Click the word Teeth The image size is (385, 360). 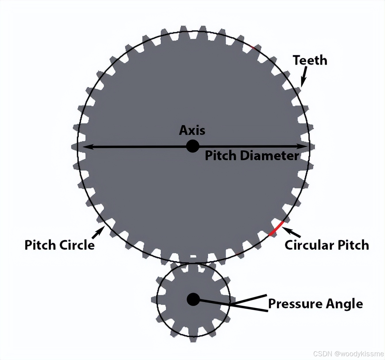click(310, 60)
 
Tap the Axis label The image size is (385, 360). click(192, 130)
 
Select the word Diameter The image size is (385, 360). click(269, 156)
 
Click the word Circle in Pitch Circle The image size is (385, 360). click(77, 245)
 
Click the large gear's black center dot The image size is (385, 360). click(192, 146)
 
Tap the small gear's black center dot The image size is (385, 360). click(193, 299)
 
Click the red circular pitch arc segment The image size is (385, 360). click(276, 229)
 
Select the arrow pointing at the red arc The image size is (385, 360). click(291, 232)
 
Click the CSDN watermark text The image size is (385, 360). click(348, 353)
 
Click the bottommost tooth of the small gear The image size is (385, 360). click(193, 339)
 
